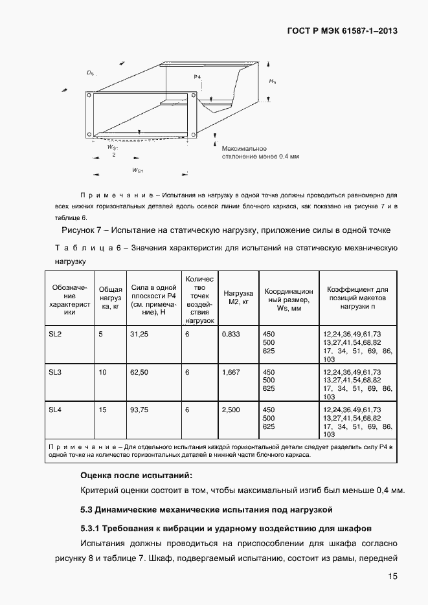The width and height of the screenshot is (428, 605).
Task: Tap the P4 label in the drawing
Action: [x=197, y=77]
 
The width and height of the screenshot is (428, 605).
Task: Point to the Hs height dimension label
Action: [x=273, y=82]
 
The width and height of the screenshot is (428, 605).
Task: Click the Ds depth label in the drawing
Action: [x=90, y=74]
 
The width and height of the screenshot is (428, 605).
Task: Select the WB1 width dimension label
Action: [x=137, y=170]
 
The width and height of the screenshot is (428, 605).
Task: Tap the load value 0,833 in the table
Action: [x=231, y=334]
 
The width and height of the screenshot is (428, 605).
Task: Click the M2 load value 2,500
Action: [x=231, y=410]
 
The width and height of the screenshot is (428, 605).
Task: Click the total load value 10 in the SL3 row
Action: [x=102, y=372]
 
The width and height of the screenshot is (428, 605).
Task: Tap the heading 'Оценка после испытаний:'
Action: [x=135, y=475]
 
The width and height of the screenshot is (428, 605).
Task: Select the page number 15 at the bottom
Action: [x=392, y=577]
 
